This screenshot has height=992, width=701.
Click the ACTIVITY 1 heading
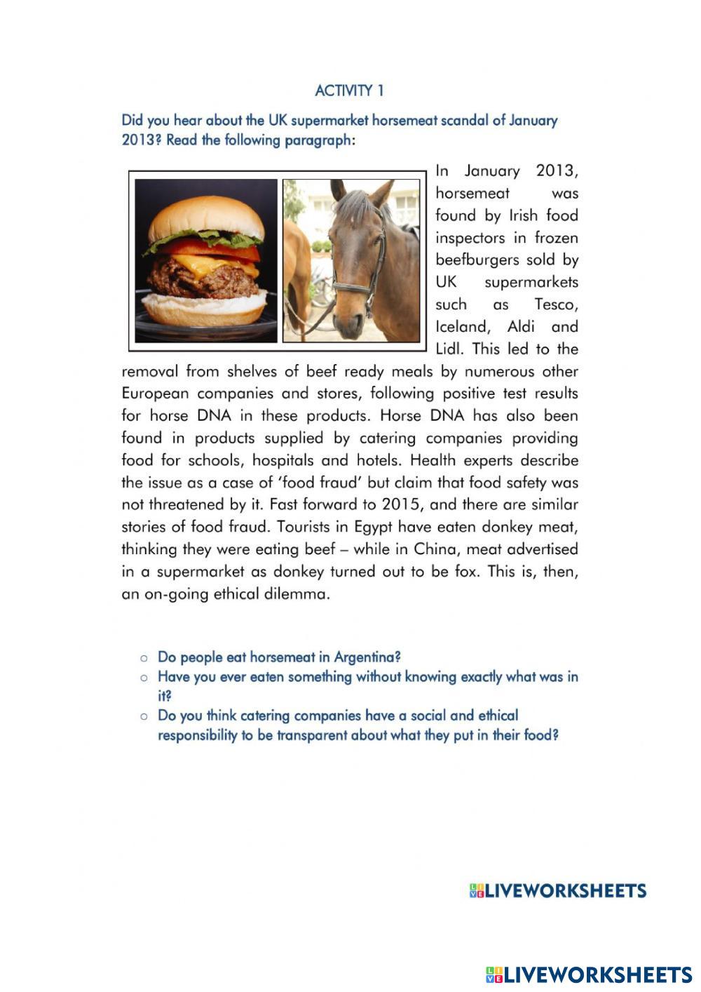click(349, 91)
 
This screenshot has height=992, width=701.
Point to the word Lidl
click(449, 349)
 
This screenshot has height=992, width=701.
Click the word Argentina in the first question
click(367, 657)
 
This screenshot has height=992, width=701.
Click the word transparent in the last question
click(311, 736)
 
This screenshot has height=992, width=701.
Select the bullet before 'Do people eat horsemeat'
click(144, 658)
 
